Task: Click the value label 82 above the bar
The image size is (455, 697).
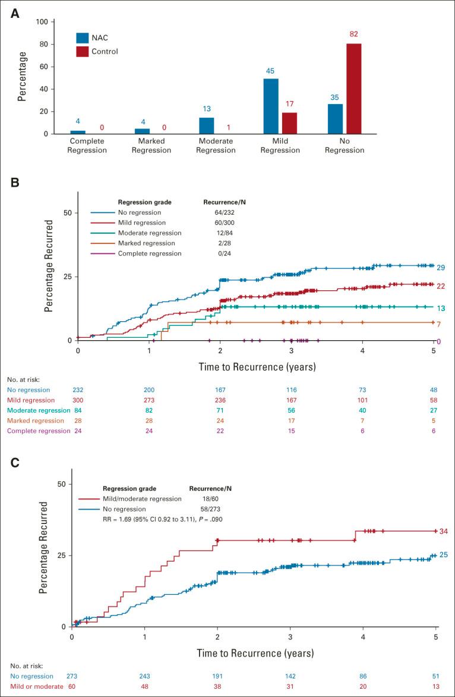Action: pos(355,33)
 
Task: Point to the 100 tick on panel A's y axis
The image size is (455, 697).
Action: pos(40,22)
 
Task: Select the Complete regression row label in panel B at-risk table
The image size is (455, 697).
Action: pos(40,431)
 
